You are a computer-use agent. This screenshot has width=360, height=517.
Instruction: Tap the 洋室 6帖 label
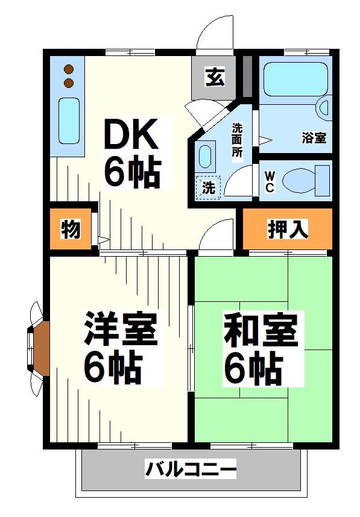[x=121, y=349]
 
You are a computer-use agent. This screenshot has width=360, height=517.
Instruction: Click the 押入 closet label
[x=288, y=228]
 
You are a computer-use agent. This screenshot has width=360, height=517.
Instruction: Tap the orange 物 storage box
[x=71, y=230]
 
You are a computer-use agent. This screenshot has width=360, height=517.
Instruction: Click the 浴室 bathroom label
[x=314, y=137]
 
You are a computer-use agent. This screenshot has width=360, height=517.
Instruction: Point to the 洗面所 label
[x=238, y=140]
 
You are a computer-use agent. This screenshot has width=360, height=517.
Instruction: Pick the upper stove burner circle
[x=69, y=69]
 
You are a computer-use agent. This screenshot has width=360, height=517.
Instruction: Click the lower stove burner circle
[x=69, y=82]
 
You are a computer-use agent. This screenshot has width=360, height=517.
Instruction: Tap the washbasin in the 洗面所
[x=206, y=156]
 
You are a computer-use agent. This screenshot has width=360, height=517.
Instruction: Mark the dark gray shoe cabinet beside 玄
[x=247, y=77]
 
